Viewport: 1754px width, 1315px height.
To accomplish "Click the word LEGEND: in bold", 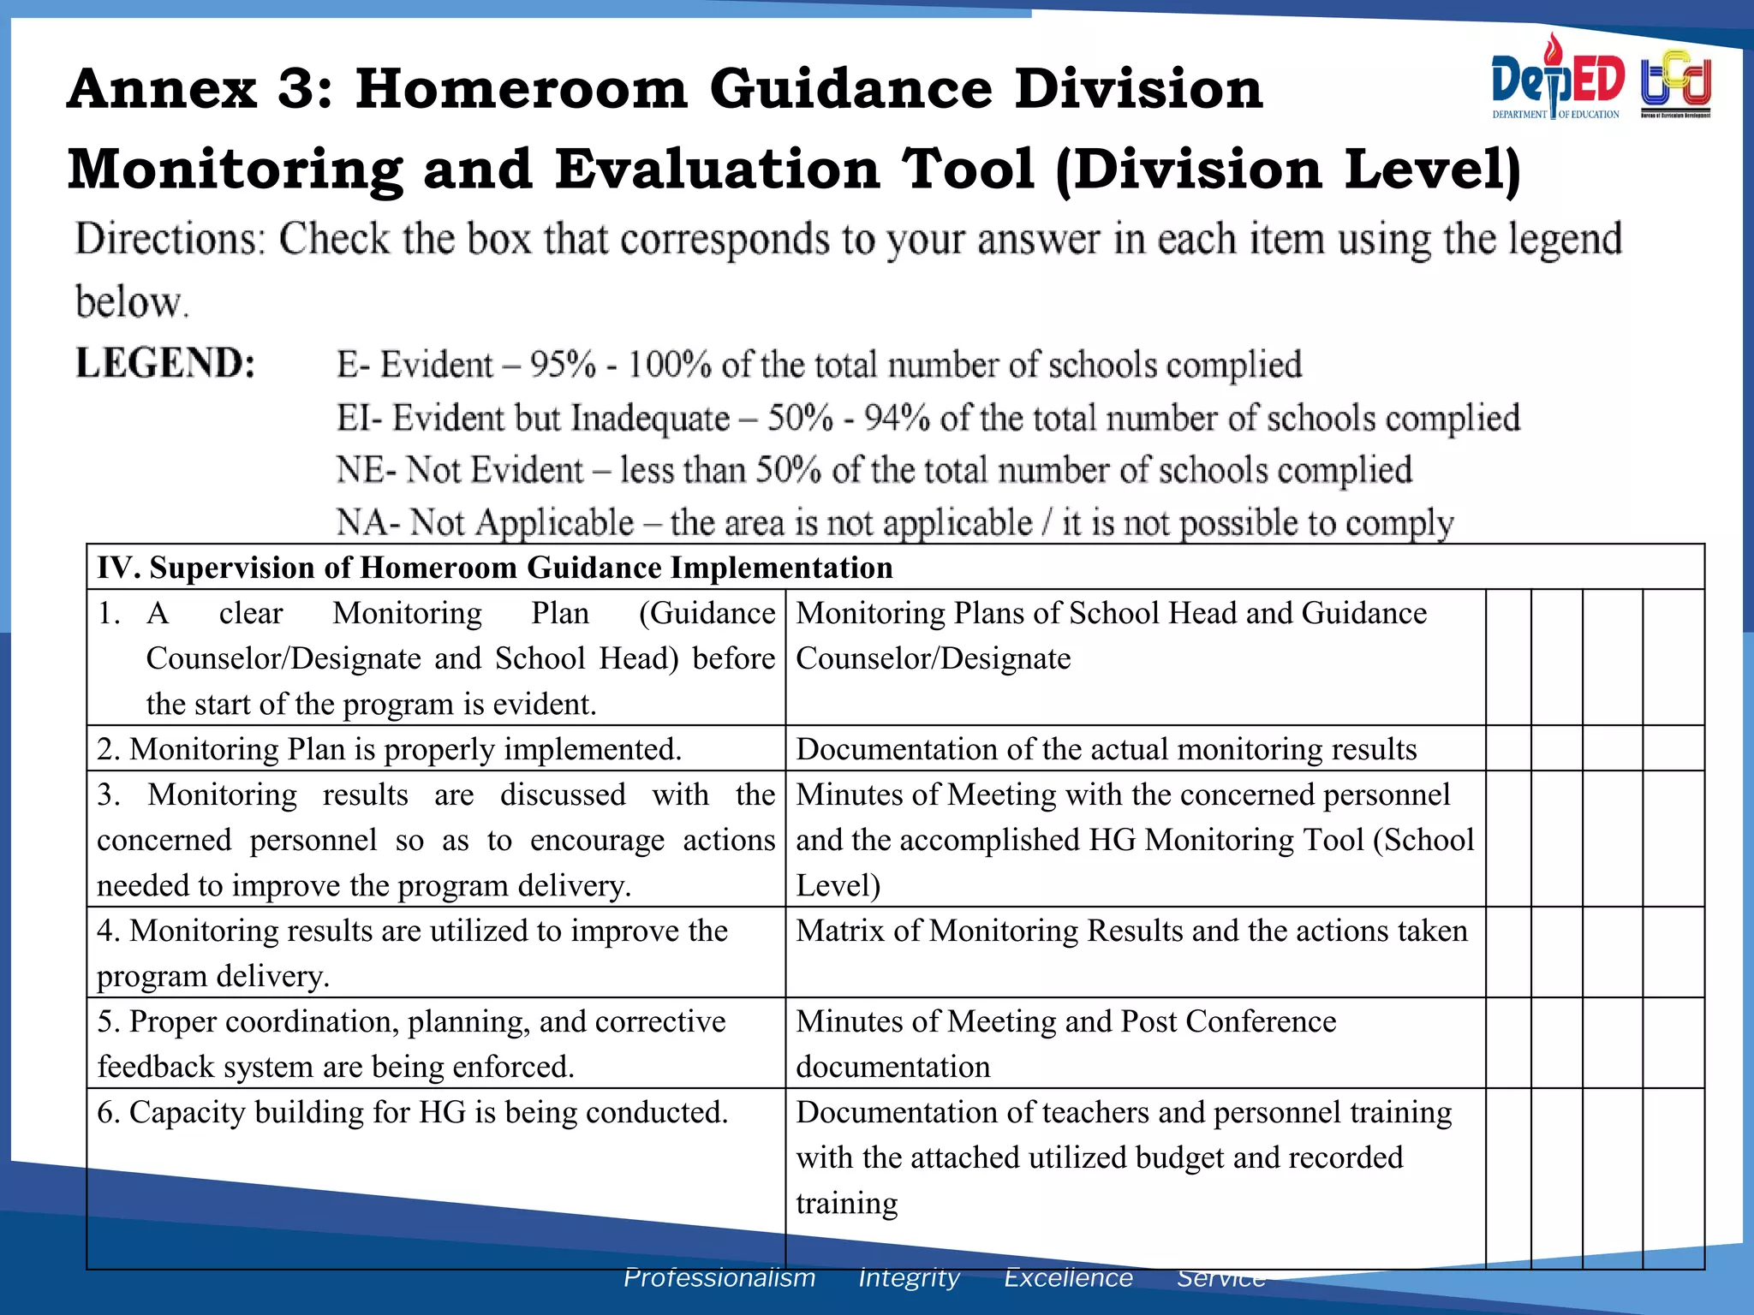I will coord(165,363).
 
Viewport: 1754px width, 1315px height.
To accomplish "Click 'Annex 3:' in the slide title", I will coord(200,89).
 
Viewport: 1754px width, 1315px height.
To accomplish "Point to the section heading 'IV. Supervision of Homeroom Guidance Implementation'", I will coord(495,568).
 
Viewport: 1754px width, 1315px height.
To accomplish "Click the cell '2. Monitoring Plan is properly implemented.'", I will coord(390,749).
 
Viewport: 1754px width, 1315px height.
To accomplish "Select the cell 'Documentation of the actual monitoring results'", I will coord(1106,749).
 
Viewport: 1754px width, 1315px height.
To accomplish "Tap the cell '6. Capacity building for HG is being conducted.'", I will coord(412,1112).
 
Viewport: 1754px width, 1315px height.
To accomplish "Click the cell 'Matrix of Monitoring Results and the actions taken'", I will coord(1131,931).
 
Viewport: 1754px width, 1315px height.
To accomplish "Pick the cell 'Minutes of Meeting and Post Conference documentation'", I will coord(1065,1044).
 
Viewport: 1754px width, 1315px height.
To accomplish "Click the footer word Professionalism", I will coord(719,1278).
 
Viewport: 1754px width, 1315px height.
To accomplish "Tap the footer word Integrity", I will coord(909,1278).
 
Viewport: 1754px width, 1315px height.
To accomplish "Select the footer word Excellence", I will coord(1068,1278).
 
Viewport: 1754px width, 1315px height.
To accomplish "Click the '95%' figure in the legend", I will coord(563,365).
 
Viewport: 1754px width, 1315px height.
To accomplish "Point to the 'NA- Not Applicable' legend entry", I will coord(485,522).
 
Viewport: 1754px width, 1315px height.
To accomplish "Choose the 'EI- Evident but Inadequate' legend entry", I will coord(533,419).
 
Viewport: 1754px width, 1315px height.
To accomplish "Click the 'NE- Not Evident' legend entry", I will coord(459,470).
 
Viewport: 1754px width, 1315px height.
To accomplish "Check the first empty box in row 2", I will coord(1508,748).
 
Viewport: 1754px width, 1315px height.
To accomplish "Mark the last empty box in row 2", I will coord(1673,748).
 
